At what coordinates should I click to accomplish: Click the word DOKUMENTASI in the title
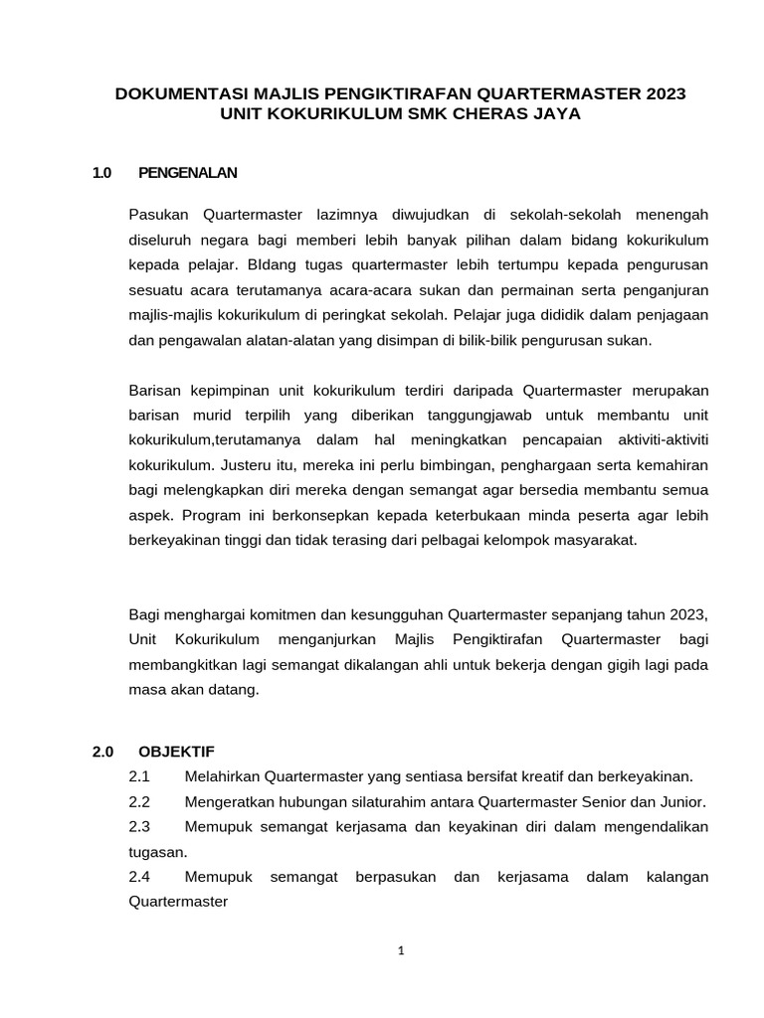coord(172,94)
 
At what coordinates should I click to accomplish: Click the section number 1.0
coord(101,173)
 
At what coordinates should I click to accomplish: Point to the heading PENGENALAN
coord(188,173)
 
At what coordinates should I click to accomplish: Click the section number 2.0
coord(104,751)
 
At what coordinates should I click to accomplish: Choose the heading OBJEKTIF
coord(176,751)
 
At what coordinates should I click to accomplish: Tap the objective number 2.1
coord(139,776)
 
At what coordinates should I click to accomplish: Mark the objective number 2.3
coord(139,826)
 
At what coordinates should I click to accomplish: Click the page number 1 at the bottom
coord(401,951)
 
